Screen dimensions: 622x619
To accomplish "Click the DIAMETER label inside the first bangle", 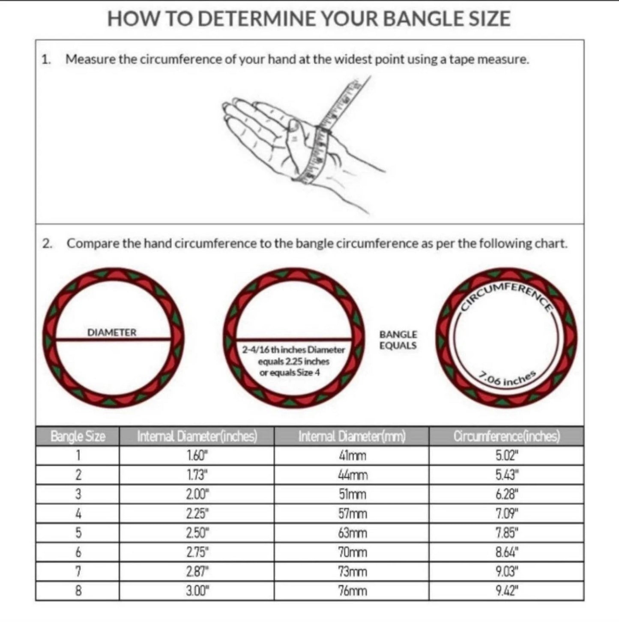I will tap(112, 332).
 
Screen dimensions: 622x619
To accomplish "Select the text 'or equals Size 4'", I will tap(290, 373).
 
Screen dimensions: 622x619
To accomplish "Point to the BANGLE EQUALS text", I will tap(398, 340).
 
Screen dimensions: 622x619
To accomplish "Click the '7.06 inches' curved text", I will tap(508, 379).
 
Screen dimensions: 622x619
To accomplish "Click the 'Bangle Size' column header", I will tap(78, 437).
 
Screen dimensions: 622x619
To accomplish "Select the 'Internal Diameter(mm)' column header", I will tap(352, 437).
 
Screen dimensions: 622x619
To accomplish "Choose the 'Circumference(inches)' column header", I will tap(507, 437).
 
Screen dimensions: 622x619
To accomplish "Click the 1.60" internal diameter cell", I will tap(197, 456).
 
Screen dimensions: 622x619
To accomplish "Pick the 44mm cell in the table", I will tap(353, 475).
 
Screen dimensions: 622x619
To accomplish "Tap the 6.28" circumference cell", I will tap(507, 494).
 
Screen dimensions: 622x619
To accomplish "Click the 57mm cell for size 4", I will tap(353, 514).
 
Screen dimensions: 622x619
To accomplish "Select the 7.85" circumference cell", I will tap(507, 533).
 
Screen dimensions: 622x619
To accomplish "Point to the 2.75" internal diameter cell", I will tap(197, 552).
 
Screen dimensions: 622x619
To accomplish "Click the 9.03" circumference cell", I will tap(507, 571).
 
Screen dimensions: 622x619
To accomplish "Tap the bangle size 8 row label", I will tap(78, 591).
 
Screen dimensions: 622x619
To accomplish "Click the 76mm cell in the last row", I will tap(353, 591).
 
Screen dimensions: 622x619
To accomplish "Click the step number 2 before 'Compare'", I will tap(47, 244).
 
